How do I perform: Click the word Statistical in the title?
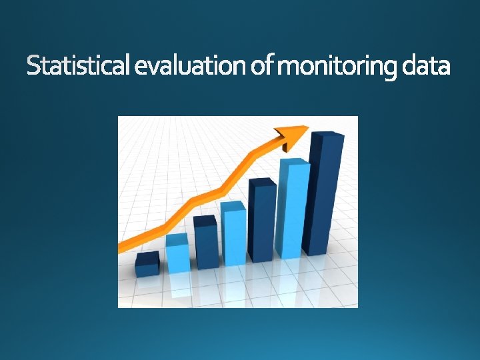point(79,66)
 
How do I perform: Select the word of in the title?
point(259,66)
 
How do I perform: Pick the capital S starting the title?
point(34,66)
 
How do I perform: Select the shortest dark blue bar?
point(147,266)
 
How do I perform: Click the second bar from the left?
point(177,255)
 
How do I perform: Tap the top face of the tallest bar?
point(327,136)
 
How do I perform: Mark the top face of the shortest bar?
point(147,257)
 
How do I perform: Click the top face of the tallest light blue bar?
point(294,163)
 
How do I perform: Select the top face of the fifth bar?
point(262,182)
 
